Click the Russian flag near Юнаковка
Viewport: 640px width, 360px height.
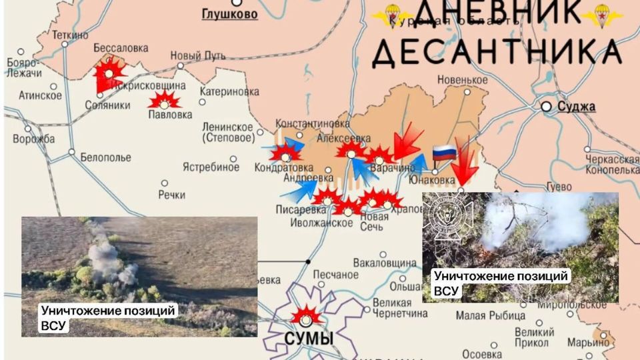(444, 153)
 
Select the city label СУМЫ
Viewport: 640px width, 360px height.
(309, 338)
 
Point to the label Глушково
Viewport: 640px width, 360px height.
(229, 13)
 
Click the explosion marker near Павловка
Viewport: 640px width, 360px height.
(164, 101)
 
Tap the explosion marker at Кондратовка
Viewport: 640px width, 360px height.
(285, 153)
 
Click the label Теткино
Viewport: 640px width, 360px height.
(70, 35)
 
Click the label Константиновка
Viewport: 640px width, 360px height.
(313, 124)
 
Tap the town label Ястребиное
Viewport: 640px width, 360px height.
(211, 167)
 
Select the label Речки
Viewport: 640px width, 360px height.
(171, 195)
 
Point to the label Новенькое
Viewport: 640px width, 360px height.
(463, 80)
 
